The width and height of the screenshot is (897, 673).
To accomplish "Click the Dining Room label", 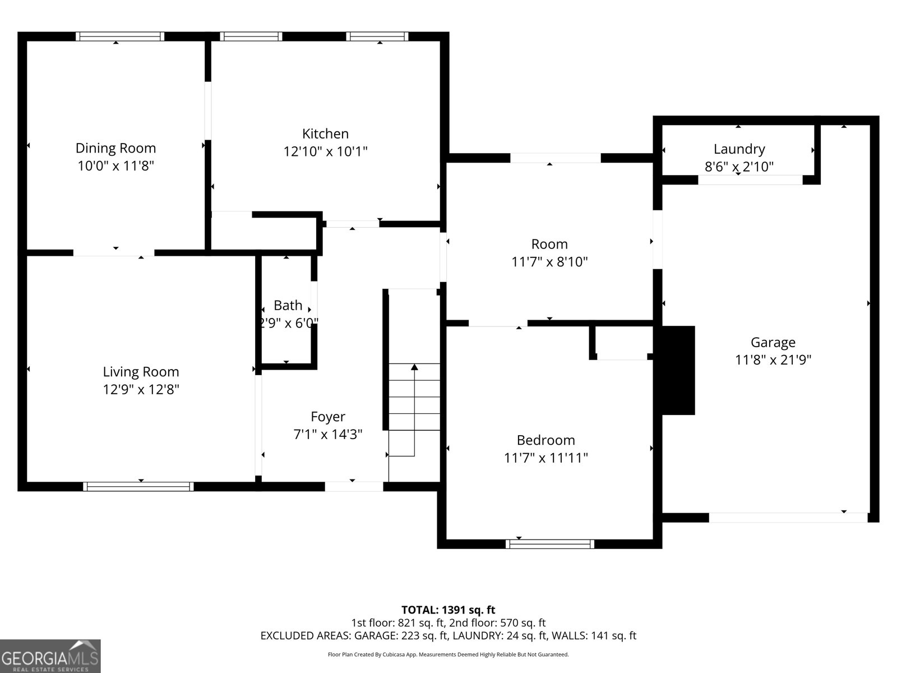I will pos(115,148).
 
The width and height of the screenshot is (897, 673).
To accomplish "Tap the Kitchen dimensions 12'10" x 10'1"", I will pos(325,151).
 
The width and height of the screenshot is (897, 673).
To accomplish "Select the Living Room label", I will pos(141,372).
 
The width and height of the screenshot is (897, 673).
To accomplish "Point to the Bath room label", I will pos(288,306).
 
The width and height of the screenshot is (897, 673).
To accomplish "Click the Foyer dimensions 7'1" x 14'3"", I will pos(328,434).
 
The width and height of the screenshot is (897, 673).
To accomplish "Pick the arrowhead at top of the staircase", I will pos(414,367).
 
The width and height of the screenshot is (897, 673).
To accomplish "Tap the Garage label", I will pos(773,342).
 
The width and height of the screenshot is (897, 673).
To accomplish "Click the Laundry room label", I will pos(739,149).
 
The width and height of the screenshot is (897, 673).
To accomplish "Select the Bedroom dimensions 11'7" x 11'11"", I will pos(545,458).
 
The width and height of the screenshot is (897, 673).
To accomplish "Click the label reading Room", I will pos(549,244).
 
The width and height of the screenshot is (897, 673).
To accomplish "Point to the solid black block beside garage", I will pos(678,370).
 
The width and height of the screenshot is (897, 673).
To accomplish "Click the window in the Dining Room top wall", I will pos(120,36).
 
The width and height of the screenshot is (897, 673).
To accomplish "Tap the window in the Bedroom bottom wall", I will pos(549,543).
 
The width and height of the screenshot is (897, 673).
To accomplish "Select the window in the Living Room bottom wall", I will pos(138,486).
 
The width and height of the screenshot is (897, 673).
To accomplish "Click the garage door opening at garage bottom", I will pos(788,518).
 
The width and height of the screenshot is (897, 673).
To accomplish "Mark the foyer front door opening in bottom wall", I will pos(354,486).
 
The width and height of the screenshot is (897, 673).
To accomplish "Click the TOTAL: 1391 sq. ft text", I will pos(448,610).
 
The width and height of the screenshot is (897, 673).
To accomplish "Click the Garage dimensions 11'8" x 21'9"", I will pos(773,360).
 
